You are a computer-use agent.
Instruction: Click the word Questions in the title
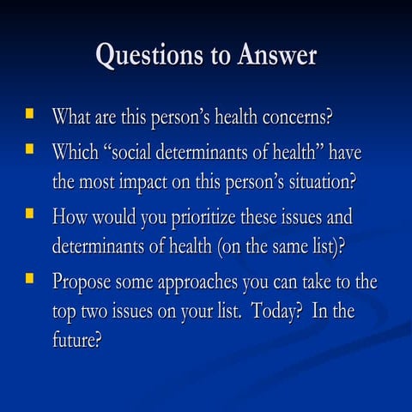144,56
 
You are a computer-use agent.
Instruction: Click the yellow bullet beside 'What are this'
31,112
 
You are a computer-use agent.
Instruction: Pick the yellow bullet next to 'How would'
31,214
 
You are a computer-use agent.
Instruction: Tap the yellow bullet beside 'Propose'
31,277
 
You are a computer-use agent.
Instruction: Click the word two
99,312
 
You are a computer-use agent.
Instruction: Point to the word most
101,183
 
